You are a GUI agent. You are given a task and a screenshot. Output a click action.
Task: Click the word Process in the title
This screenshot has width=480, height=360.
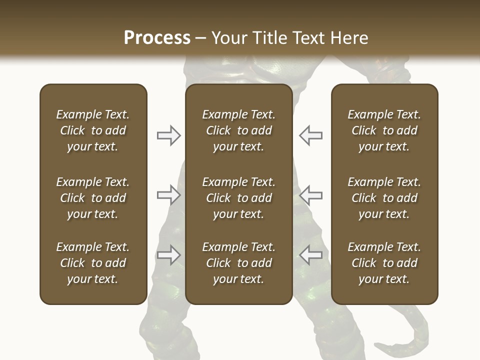tap(157, 38)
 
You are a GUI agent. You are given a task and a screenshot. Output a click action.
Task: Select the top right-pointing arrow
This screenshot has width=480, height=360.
tap(168, 135)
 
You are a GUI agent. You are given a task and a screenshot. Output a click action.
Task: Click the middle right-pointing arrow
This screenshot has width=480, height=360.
tap(168, 195)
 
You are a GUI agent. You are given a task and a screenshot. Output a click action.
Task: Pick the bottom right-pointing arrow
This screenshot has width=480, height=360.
tap(168, 255)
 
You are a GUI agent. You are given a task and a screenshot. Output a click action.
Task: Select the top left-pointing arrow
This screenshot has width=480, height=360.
tap(310, 135)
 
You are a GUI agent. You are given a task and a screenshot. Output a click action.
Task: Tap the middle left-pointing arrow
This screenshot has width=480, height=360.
tap(310, 195)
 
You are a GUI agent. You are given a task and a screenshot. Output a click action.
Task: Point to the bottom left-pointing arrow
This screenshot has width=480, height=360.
tap(310, 255)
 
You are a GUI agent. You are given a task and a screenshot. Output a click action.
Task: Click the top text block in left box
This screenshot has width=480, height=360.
tap(93, 130)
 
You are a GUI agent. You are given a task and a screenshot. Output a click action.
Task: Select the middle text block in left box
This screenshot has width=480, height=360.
tap(93, 198)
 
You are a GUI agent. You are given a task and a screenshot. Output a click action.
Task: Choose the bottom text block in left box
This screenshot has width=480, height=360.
tap(93, 263)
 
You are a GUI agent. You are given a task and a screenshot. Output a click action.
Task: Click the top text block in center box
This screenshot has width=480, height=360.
tap(238, 130)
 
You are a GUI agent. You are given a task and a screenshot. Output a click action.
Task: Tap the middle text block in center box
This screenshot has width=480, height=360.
tap(238, 198)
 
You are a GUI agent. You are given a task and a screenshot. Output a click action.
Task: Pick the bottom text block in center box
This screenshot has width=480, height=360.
tap(238, 263)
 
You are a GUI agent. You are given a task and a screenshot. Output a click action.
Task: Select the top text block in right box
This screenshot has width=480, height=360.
tap(384, 130)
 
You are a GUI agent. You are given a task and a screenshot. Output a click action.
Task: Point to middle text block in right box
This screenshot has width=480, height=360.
tap(384, 198)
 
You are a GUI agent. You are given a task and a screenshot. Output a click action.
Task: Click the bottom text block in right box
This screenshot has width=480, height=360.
tap(384, 263)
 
